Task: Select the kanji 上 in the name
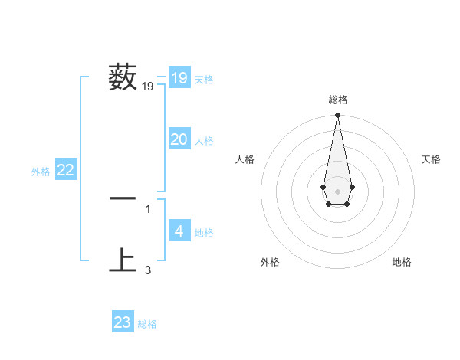click(123, 260)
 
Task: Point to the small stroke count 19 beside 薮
click(148, 87)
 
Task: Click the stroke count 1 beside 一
click(148, 208)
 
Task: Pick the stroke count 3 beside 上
click(148, 270)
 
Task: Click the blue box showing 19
click(179, 78)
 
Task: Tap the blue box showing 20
click(179, 139)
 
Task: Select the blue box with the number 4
click(179, 231)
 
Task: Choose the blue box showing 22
click(66, 171)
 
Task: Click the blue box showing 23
click(123, 322)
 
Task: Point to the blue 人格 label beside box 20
click(204, 141)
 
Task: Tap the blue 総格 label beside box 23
click(147, 324)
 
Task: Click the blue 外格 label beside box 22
click(41, 172)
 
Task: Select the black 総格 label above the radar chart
click(338, 100)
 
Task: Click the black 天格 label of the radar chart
click(431, 159)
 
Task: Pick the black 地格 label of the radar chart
click(402, 262)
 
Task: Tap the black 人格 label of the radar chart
click(245, 159)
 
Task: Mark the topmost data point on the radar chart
click(337, 116)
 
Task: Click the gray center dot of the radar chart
click(337, 190)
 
